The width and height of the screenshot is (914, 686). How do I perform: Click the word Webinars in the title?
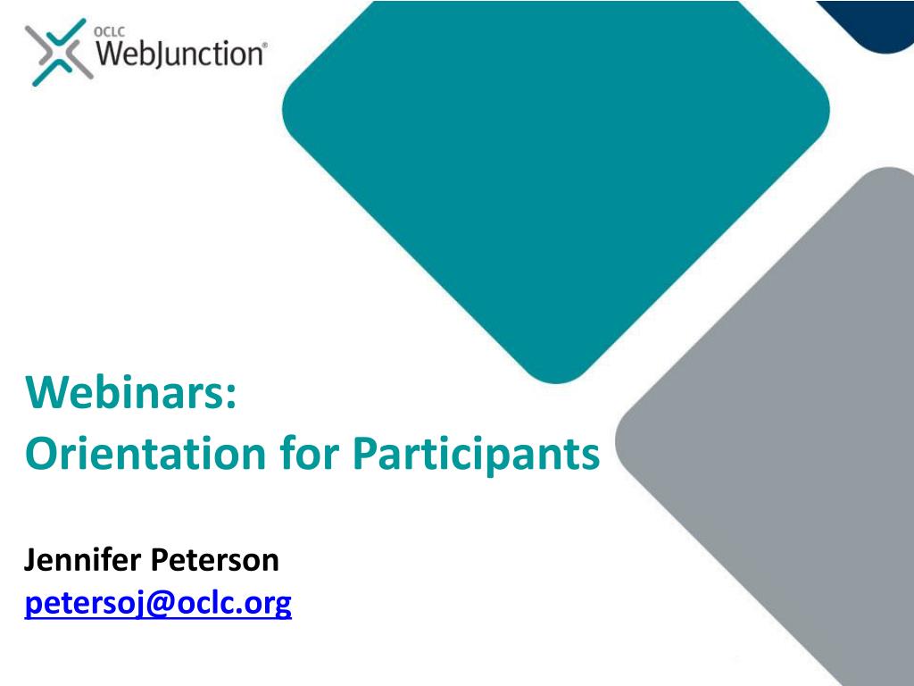[126, 393]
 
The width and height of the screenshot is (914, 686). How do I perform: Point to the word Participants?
[475, 456]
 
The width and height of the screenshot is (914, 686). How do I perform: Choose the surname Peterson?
[214, 561]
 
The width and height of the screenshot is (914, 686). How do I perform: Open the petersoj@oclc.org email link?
[157, 605]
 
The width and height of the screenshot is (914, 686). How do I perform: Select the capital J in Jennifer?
[30, 561]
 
